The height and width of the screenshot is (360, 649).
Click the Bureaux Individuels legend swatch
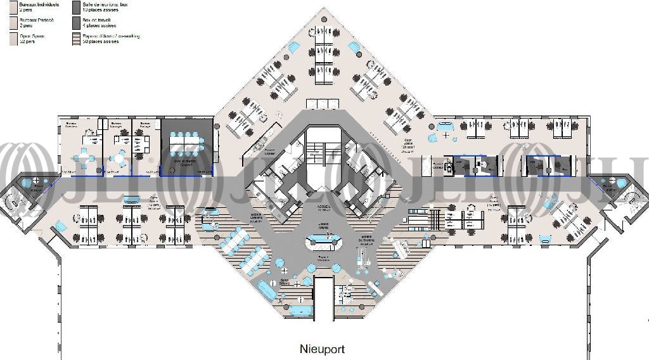tap(13, 7)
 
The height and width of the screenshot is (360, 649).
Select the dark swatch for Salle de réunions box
tap(75, 7)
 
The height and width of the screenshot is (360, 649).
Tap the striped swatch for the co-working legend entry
tap(75, 39)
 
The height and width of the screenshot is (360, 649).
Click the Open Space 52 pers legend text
tap(32, 39)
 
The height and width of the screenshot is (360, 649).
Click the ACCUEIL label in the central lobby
tap(323, 206)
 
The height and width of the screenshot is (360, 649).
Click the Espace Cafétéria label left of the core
tap(256, 217)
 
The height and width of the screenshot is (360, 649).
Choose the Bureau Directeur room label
tap(72, 124)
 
